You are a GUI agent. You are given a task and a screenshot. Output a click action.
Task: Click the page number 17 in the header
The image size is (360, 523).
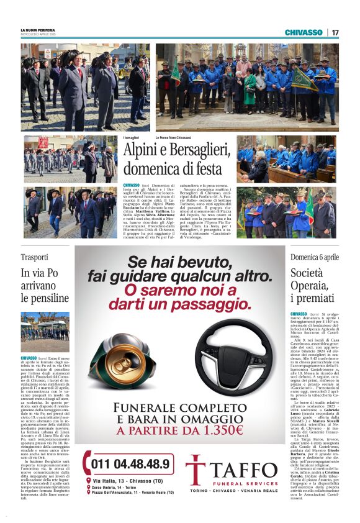click(x=335, y=32)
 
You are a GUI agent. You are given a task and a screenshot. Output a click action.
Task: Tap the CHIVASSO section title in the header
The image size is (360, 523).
click(x=304, y=32)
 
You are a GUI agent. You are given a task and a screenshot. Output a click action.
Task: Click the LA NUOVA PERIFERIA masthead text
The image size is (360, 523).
click(x=38, y=30)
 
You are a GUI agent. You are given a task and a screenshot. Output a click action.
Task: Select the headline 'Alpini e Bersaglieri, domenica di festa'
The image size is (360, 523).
click(x=173, y=158)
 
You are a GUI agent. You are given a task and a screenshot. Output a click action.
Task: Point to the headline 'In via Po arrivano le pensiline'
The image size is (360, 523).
click(x=45, y=285)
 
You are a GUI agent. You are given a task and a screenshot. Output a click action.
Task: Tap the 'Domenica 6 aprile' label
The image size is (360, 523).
click(x=315, y=257)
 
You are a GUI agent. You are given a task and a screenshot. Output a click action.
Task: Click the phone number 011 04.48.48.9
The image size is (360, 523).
click(x=133, y=463)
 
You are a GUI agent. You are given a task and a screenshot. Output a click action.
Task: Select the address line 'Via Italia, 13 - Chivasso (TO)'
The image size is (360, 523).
click(x=131, y=480)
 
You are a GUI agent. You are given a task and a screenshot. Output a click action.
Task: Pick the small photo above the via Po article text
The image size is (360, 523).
click(x=45, y=332)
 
